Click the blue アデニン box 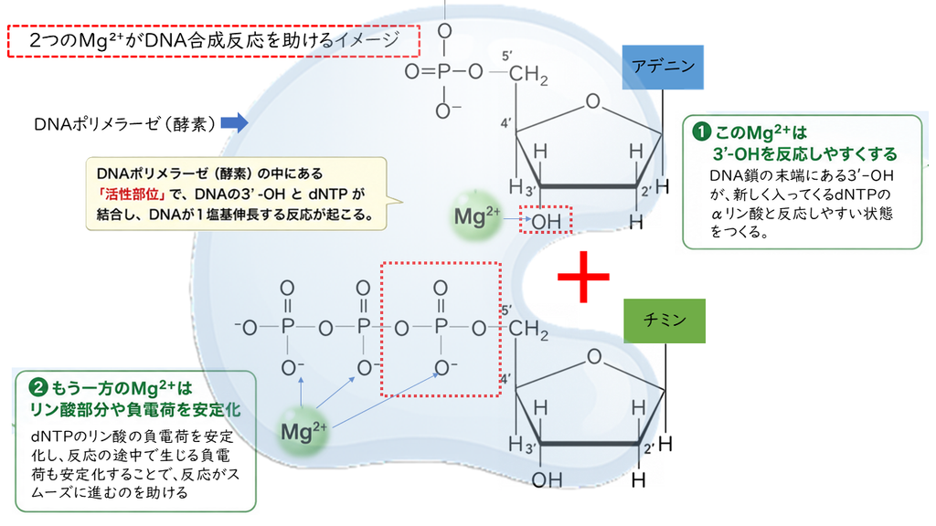pyautogui.click(x=663, y=67)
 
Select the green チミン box pyautogui.click(x=665, y=321)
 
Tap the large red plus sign pyautogui.click(x=583, y=277)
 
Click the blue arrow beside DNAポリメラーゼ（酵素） pyautogui.click(x=235, y=123)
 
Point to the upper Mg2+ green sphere pyautogui.click(x=476, y=216)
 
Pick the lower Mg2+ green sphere pyautogui.click(x=303, y=431)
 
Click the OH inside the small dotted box pyautogui.click(x=547, y=222)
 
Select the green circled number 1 pyautogui.click(x=701, y=131)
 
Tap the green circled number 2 pyautogui.click(x=38, y=388)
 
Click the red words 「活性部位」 pyautogui.click(x=131, y=194)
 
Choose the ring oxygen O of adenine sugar pyautogui.click(x=592, y=101)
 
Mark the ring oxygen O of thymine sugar pyautogui.click(x=594, y=357)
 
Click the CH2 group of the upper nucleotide pyautogui.click(x=528, y=75)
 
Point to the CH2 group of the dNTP pyautogui.click(x=528, y=330)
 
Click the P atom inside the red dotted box pyautogui.click(x=441, y=327)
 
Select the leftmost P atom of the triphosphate pyautogui.click(x=288, y=327)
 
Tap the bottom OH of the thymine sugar pyautogui.click(x=547, y=479)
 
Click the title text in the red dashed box pyautogui.click(x=214, y=40)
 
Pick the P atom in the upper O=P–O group pyautogui.click(x=443, y=72)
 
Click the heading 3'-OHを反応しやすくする pyautogui.click(x=804, y=153)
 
